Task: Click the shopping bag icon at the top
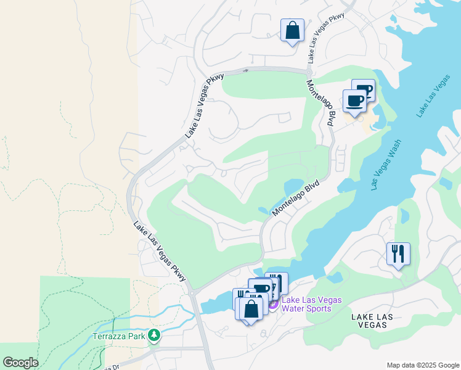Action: point(292,30)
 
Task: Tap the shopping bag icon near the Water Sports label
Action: point(251,309)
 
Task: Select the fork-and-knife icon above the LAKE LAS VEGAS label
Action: point(398,253)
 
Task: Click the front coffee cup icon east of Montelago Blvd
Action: point(354,101)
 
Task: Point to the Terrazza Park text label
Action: point(117,336)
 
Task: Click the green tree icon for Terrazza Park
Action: point(153,335)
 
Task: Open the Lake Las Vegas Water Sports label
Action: point(311,304)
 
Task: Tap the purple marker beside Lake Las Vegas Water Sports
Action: point(272,304)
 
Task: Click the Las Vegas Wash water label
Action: point(387,168)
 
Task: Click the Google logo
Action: point(20,363)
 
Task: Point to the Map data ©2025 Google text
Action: point(422,365)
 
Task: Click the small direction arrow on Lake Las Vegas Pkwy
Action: point(247,70)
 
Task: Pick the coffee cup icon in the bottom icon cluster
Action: point(261,289)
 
